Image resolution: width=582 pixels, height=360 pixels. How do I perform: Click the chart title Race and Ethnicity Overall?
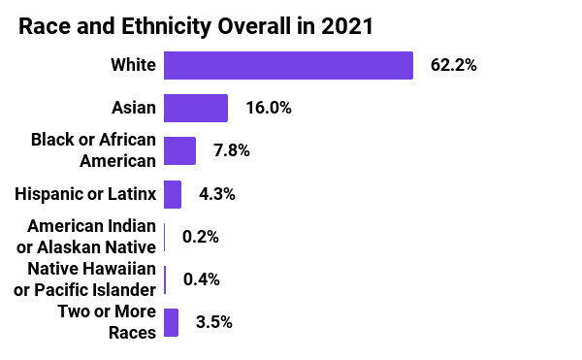[x=194, y=27]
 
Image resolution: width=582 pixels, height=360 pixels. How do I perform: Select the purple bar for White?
[x=289, y=65]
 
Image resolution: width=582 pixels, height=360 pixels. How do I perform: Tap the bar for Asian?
[x=196, y=108]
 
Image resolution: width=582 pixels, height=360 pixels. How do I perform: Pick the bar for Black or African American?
[x=179, y=150]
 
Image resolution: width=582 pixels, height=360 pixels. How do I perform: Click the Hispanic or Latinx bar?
[x=173, y=194]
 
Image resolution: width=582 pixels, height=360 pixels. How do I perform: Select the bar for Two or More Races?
[x=171, y=322]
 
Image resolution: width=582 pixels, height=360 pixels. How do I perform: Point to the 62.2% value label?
[x=454, y=66]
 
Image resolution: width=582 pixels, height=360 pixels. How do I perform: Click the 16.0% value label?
[x=269, y=108]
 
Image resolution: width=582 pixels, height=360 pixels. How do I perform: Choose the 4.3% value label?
[x=216, y=194]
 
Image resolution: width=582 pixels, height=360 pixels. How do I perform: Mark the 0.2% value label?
[x=201, y=237]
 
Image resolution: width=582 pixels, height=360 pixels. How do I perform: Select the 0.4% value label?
[x=201, y=279]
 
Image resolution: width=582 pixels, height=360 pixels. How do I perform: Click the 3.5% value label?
[x=213, y=322]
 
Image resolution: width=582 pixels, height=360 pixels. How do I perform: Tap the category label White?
[x=134, y=65]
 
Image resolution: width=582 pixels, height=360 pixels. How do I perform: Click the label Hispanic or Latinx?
[x=85, y=194]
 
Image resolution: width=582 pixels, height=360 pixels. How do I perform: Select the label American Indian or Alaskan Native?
[x=91, y=237]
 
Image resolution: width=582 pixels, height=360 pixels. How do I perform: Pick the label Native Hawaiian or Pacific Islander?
[x=91, y=279]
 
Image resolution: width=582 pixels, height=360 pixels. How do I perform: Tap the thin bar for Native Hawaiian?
[x=165, y=279]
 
